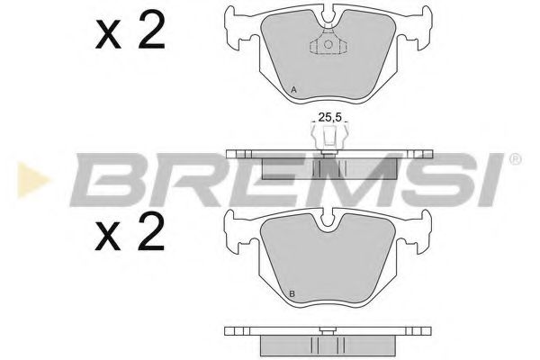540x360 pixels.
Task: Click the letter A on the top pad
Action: tap(293, 90)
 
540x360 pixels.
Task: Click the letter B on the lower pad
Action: tap(292, 294)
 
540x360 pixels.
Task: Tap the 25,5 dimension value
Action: tap(329, 117)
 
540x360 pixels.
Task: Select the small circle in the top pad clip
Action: tap(328, 44)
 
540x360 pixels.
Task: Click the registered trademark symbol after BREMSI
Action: tap(515, 159)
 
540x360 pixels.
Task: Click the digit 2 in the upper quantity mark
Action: tap(151, 31)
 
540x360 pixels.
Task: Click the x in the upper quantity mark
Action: tap(108, 34)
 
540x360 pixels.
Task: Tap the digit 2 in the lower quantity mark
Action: tap(151, 231)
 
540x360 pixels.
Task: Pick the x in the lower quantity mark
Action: tap(108, 236)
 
